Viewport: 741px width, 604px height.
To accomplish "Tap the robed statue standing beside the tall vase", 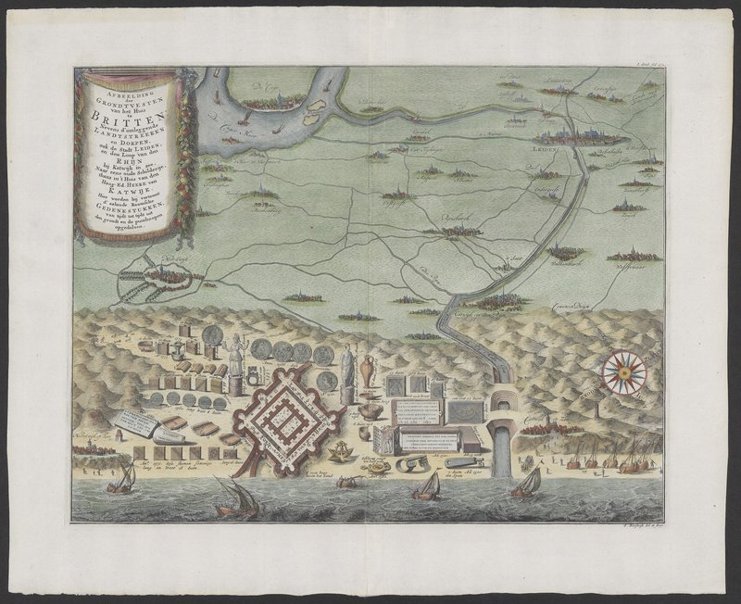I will [347, 371].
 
